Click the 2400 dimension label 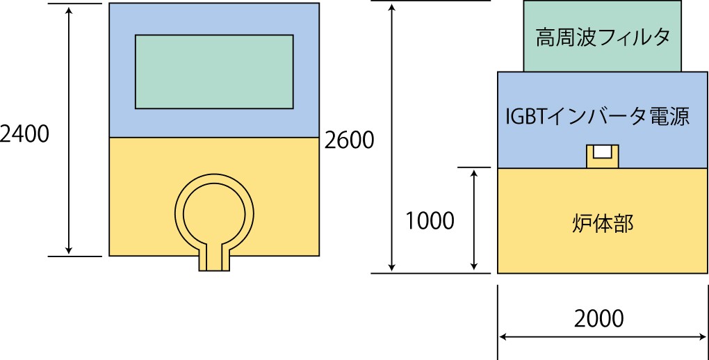click(x=25, y=133)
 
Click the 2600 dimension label click(x=349, y=140)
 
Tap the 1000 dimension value click(x=430, y=221)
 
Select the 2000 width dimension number click(x=599, y=318)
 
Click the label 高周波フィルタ click(x=603, y=37)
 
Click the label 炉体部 click(x=602, y=223)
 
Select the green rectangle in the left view click(x=213, y=72)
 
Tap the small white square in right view click(x=603, y=151)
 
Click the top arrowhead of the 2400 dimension click(x=70, y=10)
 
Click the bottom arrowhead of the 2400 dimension click(x=70, y=249)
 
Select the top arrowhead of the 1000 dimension click(x=475, y=173)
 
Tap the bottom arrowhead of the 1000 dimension click(x=475, y=266)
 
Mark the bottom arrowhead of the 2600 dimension click(x=393, y=267)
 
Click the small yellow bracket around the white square click(x=590, y=158)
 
